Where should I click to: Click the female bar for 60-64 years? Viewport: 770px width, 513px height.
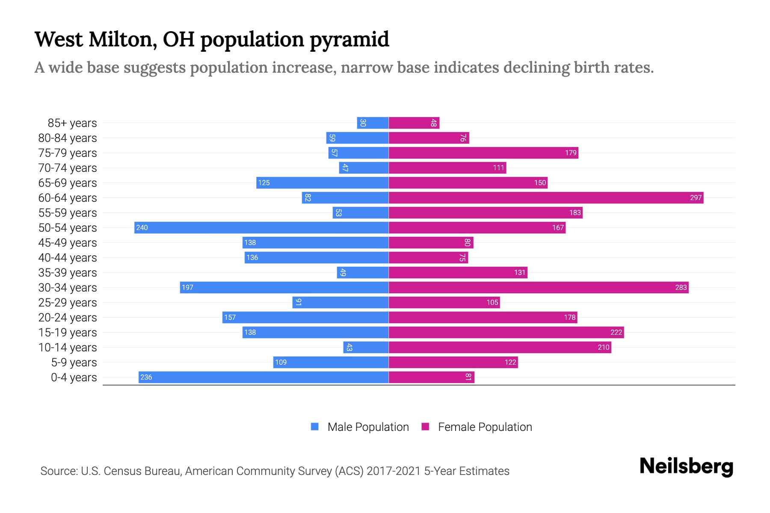(545, 198)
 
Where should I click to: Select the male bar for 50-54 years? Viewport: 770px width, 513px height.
(261, 228)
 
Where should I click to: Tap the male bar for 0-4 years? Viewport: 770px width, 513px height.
(263, 377)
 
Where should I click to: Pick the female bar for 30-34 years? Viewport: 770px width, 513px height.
(538, 288)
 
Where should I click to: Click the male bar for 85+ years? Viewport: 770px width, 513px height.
(373, 123)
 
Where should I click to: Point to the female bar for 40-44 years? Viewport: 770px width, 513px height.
(428, 258)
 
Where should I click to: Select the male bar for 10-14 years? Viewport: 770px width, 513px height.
(366, 348)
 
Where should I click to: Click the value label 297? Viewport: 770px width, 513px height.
(696, 198)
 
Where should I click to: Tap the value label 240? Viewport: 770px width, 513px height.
(142, 228)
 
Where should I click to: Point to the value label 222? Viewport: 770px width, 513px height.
(616, 333)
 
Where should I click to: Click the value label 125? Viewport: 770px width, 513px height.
(264, 183)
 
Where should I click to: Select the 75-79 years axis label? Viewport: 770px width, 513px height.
(68, 153)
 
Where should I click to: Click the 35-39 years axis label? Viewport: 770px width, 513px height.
(68, 273)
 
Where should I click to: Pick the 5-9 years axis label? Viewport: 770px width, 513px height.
(74, 363)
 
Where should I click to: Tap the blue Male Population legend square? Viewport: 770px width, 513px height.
(315, 427)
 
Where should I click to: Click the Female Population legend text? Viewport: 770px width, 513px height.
(485, 427)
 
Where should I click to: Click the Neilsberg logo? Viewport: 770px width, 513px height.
(686, 466)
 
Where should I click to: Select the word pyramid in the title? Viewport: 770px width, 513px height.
(349, 40)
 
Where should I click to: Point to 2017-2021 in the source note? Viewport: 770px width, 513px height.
(394, 471)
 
